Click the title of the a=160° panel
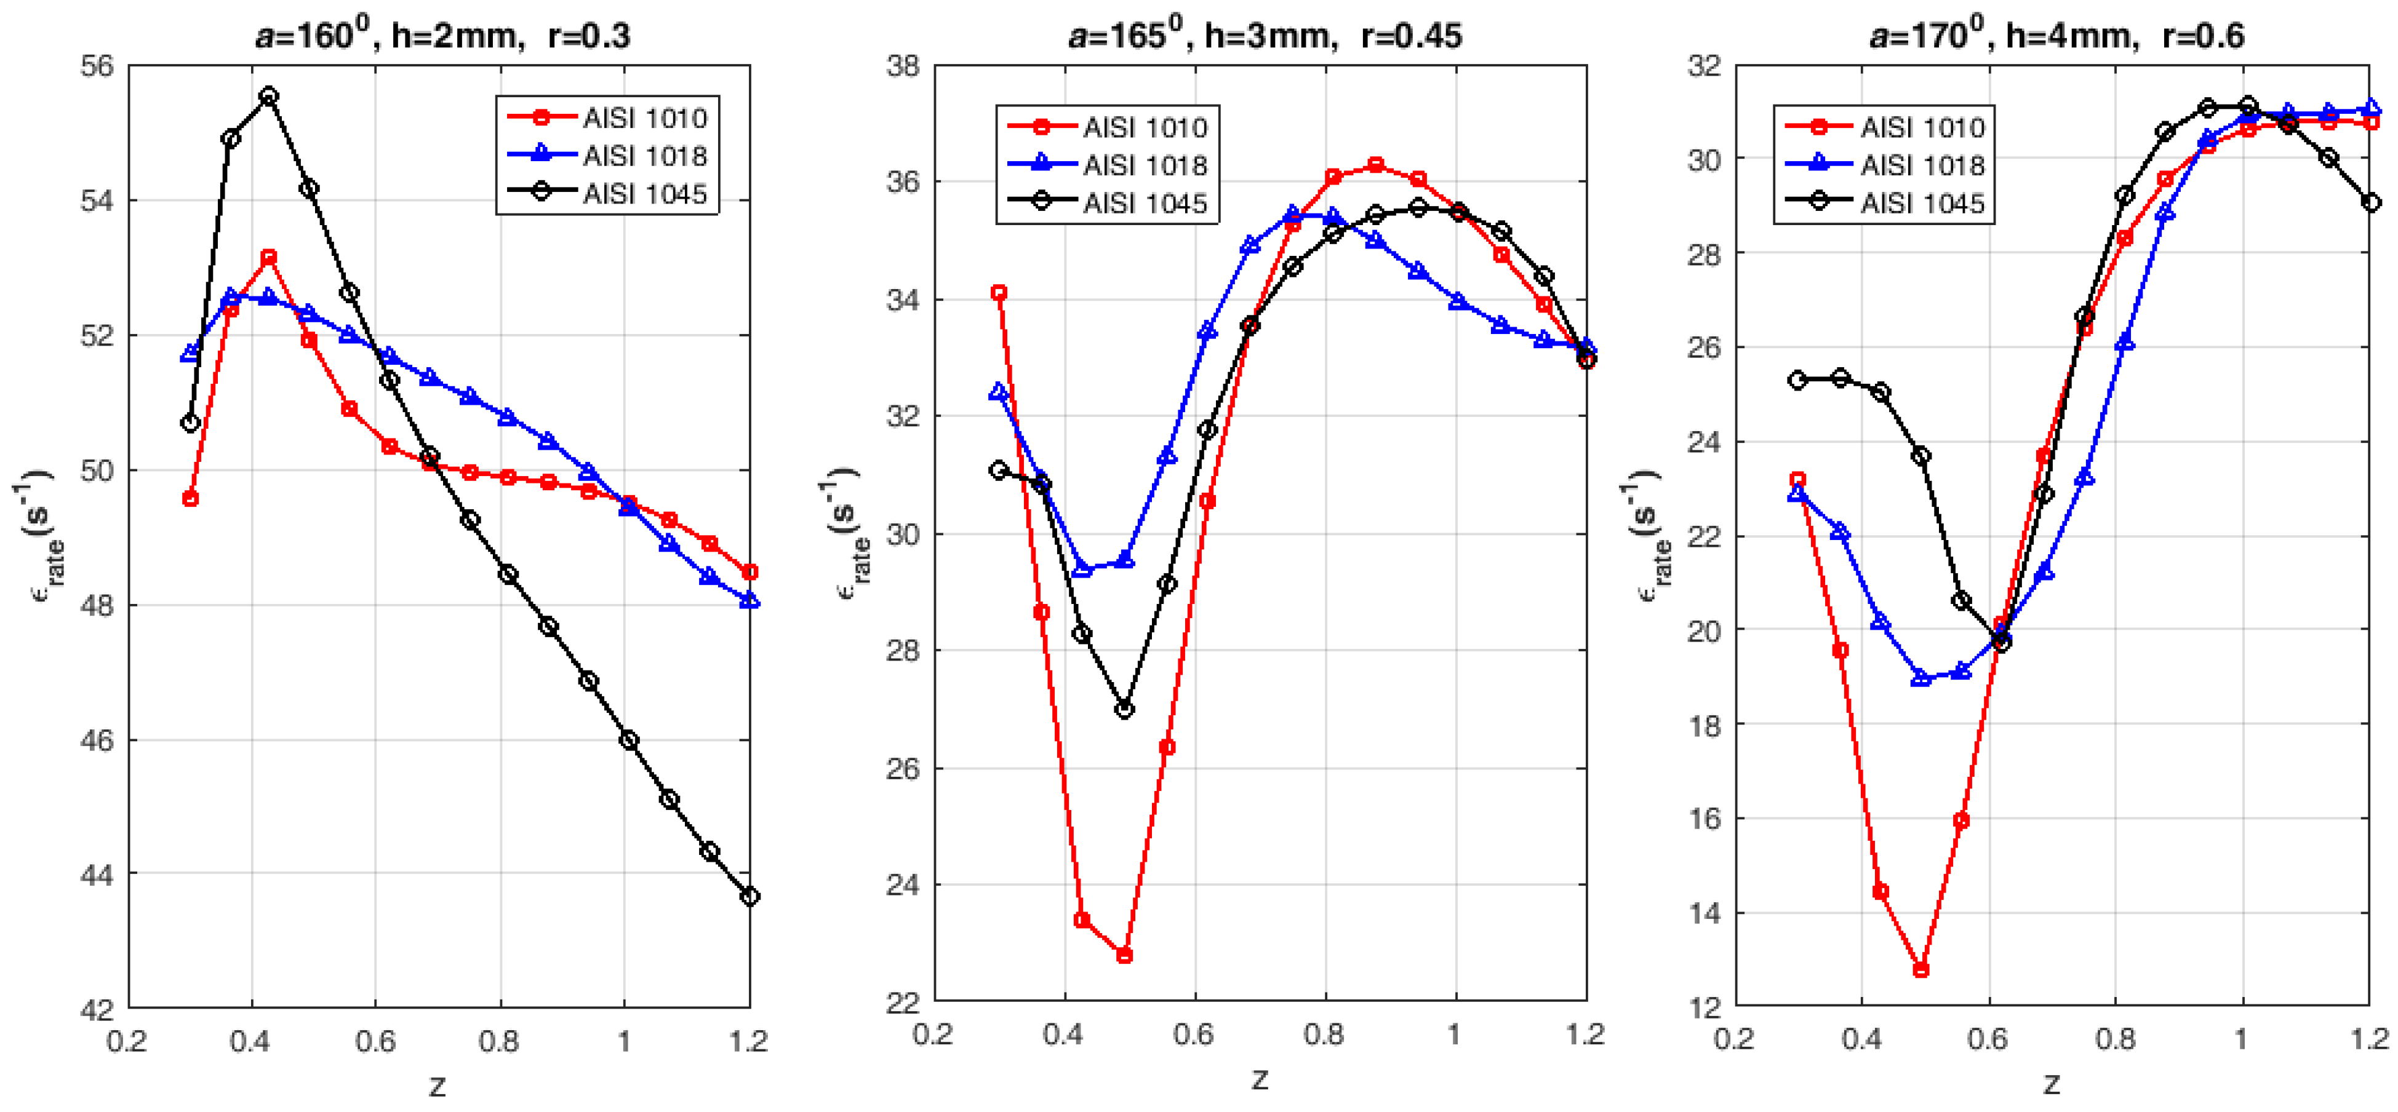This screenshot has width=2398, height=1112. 442,35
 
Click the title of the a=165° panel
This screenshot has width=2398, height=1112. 1264,35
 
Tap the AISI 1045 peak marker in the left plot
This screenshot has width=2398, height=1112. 269,96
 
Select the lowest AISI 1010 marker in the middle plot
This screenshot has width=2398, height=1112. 1124,956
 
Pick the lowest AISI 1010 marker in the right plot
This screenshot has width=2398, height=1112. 1920,970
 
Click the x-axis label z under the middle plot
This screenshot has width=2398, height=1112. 1260,1079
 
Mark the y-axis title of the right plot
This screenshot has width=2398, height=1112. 1649,530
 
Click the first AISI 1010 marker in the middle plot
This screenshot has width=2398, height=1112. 999,292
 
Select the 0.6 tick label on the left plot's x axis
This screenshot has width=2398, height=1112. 375,1041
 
